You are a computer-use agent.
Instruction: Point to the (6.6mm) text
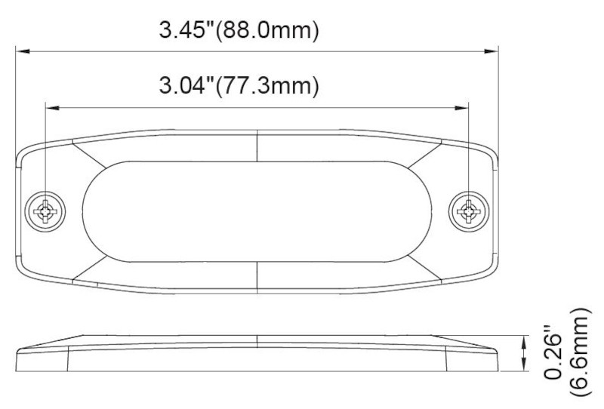[x=582, y=352]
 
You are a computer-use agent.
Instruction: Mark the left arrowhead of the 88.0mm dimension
[x=23, y=51]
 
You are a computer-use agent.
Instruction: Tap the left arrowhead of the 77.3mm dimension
[x=51, y=106]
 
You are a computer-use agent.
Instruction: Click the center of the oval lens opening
[x=257, y=210]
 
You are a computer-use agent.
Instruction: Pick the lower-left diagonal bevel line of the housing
[x=89, y=266]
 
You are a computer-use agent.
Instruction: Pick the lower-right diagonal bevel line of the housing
[x=427, y=266]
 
